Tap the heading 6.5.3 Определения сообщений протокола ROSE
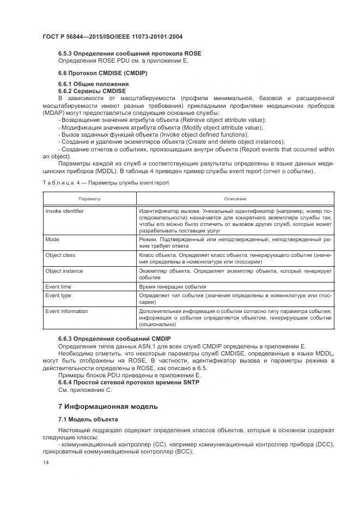(x=129, y=53)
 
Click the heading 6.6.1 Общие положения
(x=93, y=84)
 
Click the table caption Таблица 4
(x=105, y=183)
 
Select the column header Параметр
(x=89, y=199)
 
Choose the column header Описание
(x=235, y=199)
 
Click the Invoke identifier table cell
(x=65, y=210)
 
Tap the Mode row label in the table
(x=52, y=239)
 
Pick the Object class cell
(x=60, y=255)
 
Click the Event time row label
(x=58, y=286)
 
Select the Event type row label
(x=58, y=296)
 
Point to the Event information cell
(x=66, y=311)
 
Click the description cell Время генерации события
(x=173, y=286)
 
